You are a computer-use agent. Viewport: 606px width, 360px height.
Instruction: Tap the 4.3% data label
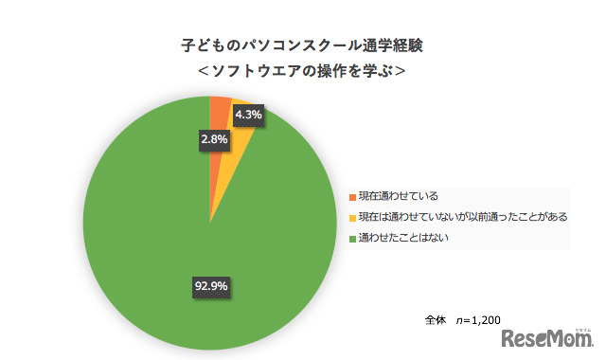[247, 117]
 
